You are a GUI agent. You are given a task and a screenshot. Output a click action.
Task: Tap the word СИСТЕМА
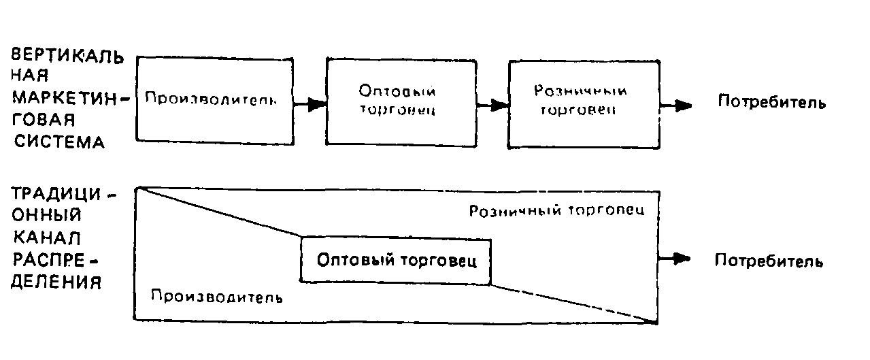tap(61, 143)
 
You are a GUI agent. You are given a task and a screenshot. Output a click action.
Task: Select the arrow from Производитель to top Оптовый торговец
tap(309, 104)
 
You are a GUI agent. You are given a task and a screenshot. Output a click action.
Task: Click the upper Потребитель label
tap(772, 103)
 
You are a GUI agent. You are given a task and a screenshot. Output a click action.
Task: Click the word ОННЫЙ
tap(48, 216)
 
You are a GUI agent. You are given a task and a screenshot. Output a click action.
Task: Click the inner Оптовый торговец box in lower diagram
tap(395, 260)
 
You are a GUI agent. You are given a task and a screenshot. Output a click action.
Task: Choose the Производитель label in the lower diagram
tap(216, 297)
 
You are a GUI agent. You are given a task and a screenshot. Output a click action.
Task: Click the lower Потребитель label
tap(769, 261)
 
